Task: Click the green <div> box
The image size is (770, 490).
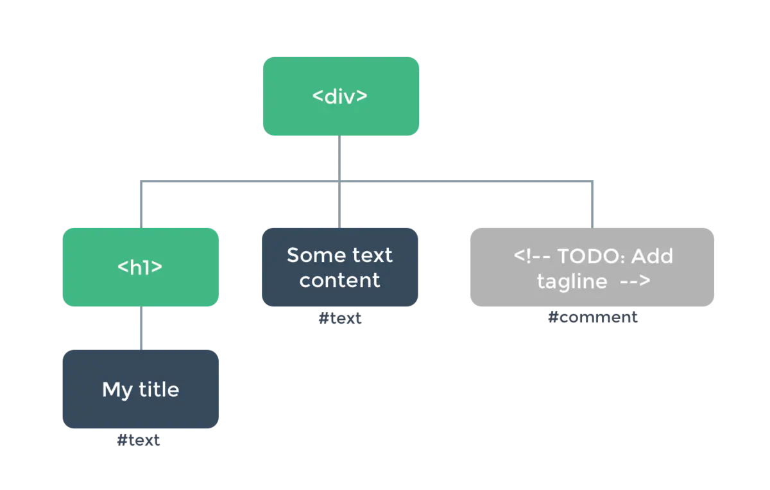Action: point(341,96)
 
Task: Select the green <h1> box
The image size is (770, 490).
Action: point(141,267)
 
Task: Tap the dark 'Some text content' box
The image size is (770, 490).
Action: point(340,267)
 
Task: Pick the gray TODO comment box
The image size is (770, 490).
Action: point(592,267)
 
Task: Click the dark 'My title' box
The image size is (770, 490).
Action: point(141,389)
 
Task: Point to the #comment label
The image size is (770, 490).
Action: point(593,317)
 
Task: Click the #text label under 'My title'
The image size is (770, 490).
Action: point(138,440)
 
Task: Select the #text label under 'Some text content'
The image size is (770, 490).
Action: point(339,319)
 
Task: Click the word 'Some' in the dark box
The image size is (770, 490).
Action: point(311,255)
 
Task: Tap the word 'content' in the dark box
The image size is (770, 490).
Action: point(339,280)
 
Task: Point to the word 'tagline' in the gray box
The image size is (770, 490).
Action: point(572,282)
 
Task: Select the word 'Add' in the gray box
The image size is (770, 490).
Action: point(652,256)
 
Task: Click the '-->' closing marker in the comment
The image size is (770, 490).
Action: point(635,281)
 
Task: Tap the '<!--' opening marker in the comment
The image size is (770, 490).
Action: point(532,256)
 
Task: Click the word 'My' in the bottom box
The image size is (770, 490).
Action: point(117,390)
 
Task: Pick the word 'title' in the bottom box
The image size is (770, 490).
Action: point(159,389)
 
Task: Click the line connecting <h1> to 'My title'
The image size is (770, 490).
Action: point(141,328)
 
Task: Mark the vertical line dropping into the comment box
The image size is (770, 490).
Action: point(592,204)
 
